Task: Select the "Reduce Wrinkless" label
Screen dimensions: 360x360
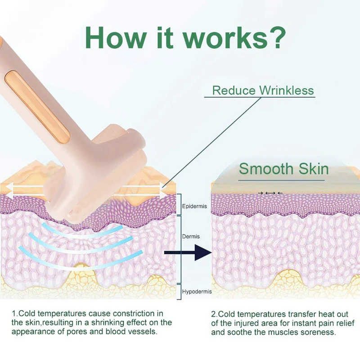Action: click(x=263, y=90)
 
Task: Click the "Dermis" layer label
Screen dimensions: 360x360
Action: click(x=191, y=236)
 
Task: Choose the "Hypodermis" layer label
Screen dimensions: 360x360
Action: click(x=197, y=292)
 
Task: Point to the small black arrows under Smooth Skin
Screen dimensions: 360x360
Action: click(x=270, y=193)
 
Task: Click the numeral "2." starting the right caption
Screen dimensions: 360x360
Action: click(x=214, y=313)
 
